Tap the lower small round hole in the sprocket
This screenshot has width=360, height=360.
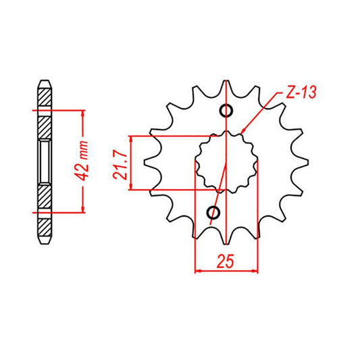point(215,214)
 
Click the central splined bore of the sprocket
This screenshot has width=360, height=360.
point(226,162)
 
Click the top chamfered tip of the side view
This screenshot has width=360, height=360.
point(45,86)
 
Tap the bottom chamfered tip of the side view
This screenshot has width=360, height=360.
point(45,237)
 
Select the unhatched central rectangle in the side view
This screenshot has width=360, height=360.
point(45,161)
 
